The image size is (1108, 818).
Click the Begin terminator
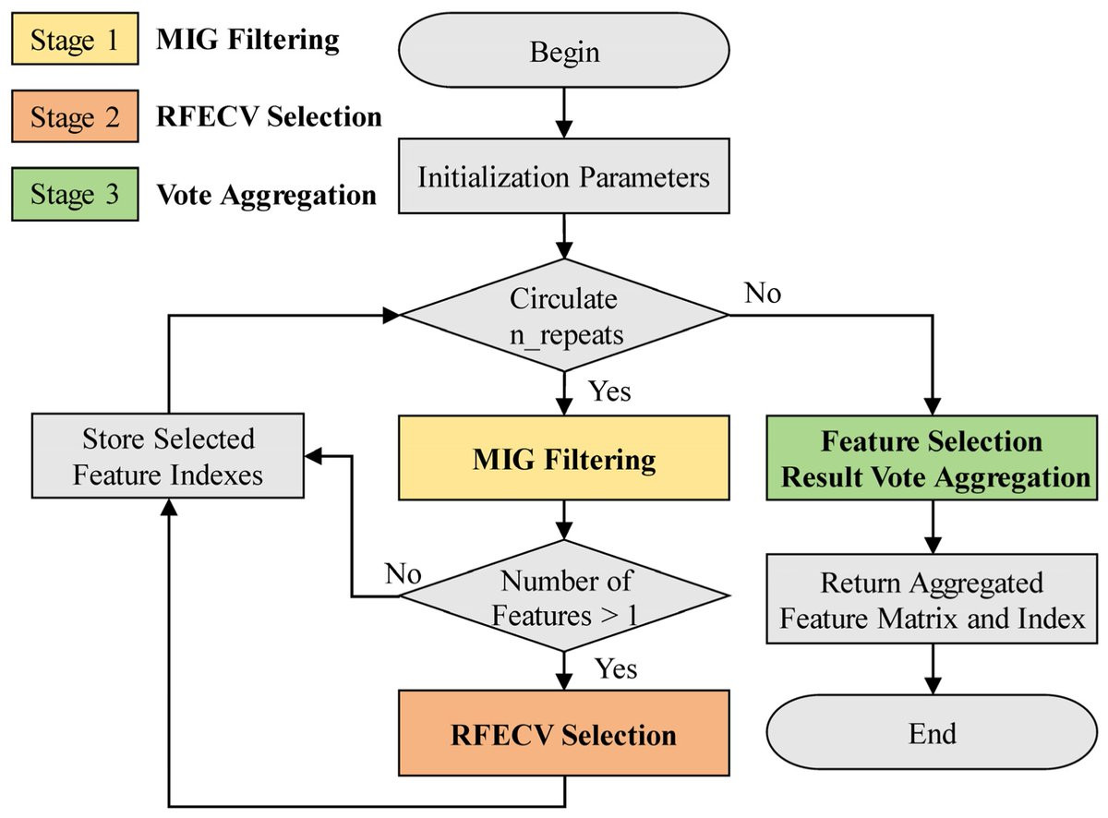point(563,53)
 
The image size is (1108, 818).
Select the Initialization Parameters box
point(563,177)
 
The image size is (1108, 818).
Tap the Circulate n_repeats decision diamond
point(563,317)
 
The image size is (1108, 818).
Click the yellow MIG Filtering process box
point(563,459)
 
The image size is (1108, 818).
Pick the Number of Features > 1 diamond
point(563,596)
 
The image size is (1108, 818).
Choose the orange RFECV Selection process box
point(563,735)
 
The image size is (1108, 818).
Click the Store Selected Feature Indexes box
point(167,456)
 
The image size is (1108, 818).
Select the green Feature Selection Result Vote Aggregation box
point(932,459)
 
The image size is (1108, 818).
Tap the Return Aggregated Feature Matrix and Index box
point(932,600)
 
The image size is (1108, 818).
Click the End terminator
point(932,733)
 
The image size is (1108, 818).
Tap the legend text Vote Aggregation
point(267,196)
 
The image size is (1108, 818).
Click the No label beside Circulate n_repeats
point(762,295)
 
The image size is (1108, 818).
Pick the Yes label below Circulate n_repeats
point(608,391)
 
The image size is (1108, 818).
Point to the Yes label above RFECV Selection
point(615,667)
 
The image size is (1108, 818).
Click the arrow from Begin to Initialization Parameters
point(563,116)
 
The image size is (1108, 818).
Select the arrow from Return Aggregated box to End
point(932,668)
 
